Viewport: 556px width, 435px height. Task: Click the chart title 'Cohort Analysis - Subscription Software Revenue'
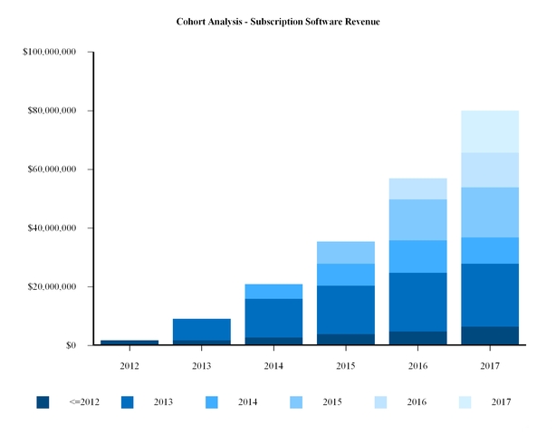278,21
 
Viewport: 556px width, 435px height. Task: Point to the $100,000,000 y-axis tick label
54,53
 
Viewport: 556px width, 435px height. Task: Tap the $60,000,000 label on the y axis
57,169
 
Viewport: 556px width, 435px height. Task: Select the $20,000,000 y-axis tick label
57,287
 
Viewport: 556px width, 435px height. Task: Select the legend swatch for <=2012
43,401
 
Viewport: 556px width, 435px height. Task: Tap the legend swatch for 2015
296,401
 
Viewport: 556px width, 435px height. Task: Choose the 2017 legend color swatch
465,401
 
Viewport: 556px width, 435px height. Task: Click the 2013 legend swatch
127,401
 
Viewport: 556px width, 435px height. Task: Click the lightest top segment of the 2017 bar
490,131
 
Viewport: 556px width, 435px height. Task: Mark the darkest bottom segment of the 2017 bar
490,335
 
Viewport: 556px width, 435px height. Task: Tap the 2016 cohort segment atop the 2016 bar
417,188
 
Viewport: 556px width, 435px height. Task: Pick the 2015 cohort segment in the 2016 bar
417,219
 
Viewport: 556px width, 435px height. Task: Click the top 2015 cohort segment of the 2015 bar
346,253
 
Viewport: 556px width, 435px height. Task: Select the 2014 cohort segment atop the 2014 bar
273,291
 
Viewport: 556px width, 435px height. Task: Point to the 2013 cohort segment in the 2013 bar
202,329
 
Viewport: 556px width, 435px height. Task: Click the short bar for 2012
129,343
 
